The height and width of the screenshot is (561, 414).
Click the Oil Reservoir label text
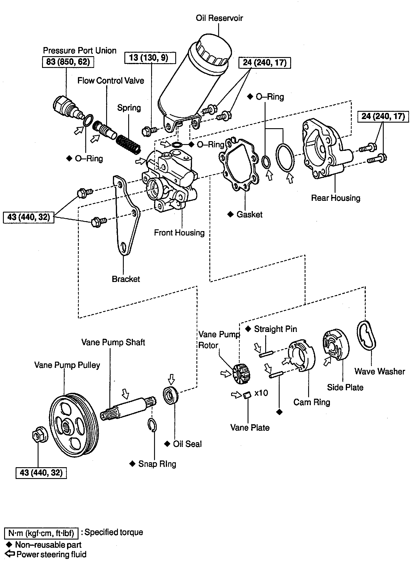point(219,18)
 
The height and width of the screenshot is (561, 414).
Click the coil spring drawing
point(128,143)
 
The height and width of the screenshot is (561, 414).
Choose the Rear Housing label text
point(335,198)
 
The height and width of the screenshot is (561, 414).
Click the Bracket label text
point(126,279)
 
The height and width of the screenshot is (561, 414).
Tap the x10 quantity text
point(261,393)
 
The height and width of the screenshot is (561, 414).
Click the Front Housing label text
point(179,233)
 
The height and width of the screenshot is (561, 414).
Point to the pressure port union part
point(66,107)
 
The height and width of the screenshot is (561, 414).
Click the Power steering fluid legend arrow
point(10,554)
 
